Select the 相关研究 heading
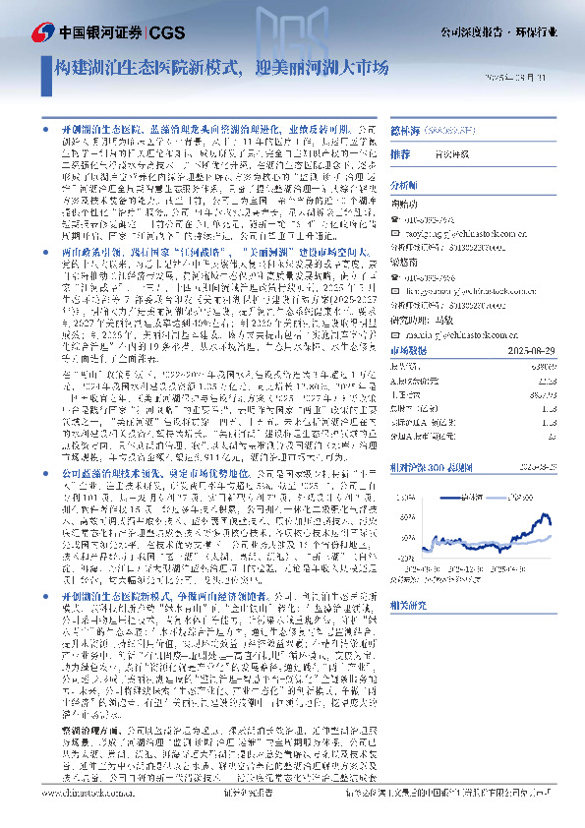[x=406, y=605]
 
